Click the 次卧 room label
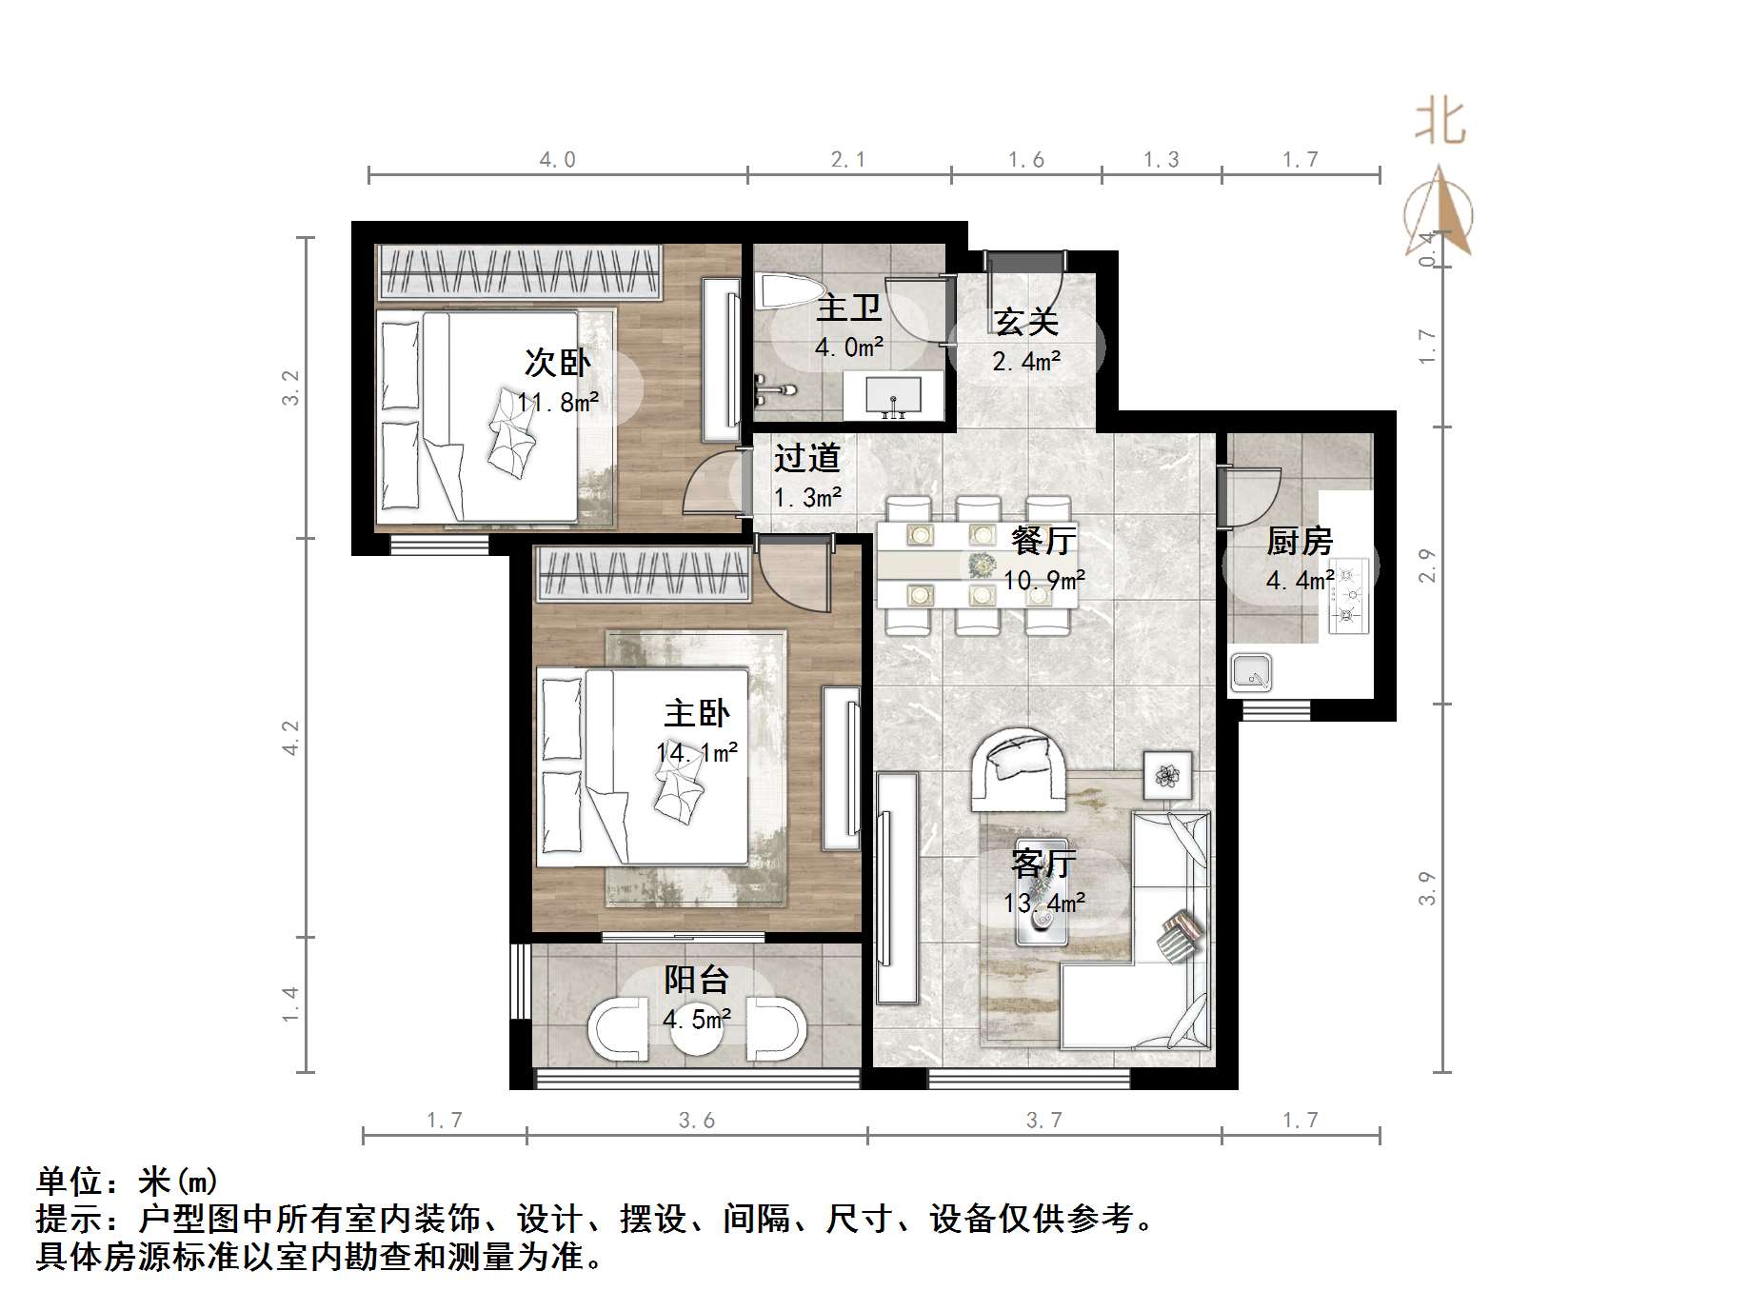tap(558, 363)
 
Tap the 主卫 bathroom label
tap(848, 308)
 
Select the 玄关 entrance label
tap(1026, 322)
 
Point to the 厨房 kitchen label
tap(1299, 541)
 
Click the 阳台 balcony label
tap(696, 980)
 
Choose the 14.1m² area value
tap(696, 753)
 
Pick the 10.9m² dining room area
tap(1043, 580)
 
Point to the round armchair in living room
tap(1019, 769)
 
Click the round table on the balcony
tap(697, 1029)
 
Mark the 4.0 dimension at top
tap(558, 160)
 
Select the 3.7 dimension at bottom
tap(1043, 1121)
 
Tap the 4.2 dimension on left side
tap(290, 738)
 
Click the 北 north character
tap(1440, 123)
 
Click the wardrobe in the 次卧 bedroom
tap(519, 272)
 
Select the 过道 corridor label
tap(806, 459)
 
